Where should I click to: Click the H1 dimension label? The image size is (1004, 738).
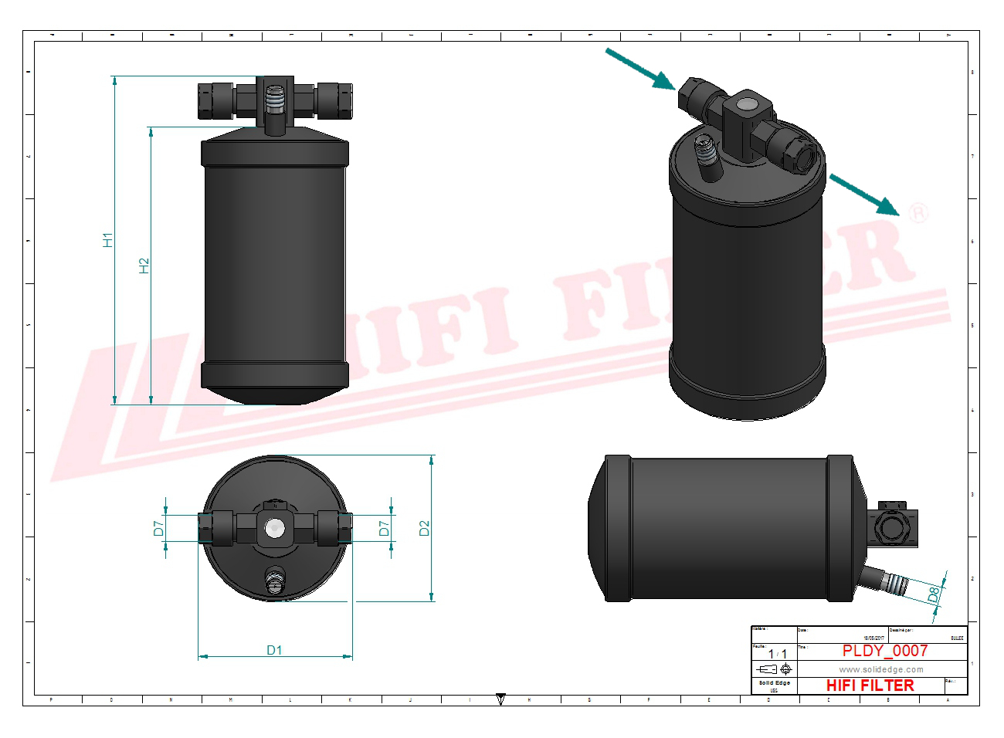(x=108, y=240)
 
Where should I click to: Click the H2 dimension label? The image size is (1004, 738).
(x=144, y=266)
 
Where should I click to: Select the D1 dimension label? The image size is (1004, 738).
(x=274, y=650)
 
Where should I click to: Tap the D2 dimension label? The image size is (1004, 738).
(x=424, y=528)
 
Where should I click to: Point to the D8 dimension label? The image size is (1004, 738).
(x=934, y=594)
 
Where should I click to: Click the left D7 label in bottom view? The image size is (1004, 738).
(x=158, y=528)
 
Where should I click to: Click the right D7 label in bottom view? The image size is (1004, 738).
(x=384, y=528)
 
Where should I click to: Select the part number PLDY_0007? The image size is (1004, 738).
(x=884, y=651)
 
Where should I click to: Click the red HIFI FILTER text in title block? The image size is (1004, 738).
(x=870, y=686)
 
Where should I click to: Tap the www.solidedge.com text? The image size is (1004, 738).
(x=881, y=669)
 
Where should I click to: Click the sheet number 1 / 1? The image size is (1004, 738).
(x=777, y=654)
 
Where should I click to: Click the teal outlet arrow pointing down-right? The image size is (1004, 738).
(x=865, y=194)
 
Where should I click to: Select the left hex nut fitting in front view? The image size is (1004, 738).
(x=216, y=100)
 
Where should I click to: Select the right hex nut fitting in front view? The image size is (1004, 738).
(x=334, y=100)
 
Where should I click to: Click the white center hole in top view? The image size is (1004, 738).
(x=274, y=528)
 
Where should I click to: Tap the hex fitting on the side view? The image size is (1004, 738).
(x=892, y=527)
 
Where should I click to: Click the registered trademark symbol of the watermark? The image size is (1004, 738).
(x=918, y=212)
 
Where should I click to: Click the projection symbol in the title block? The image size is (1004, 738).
(x=775, y=669)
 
